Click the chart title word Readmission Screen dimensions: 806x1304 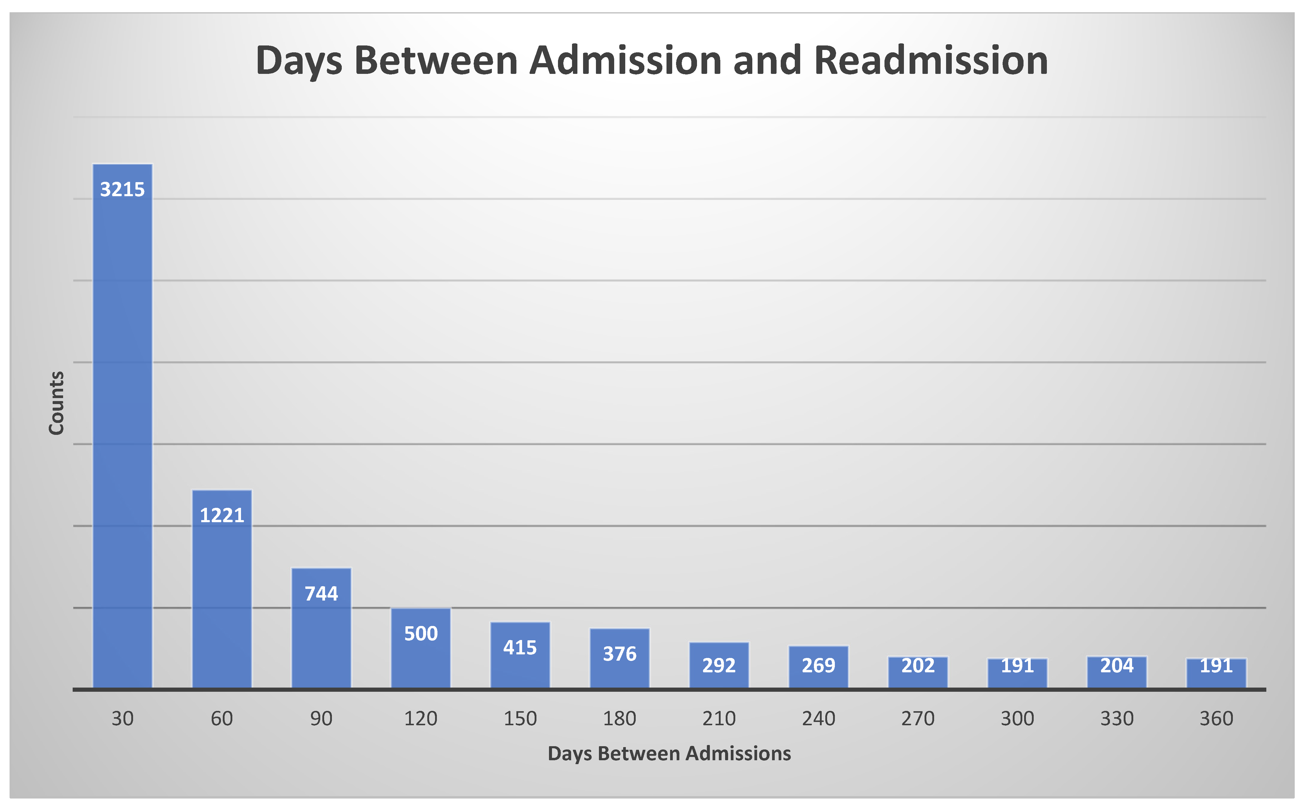[x=931, y=60]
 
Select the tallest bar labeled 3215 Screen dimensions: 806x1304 [x=123, y=426]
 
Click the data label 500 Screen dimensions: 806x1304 [x=421, y=633]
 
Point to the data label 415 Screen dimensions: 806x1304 [x=520, y=647]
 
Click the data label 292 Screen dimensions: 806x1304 [x=719, y=665]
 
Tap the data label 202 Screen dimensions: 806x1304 [x=918, y=665]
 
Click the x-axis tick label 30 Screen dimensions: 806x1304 [x=123, y=719]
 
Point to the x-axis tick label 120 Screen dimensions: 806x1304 [x=421, y=719]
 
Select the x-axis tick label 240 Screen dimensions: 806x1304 [x=818, y=719]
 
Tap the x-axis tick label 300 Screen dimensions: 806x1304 [x=1017, y=719]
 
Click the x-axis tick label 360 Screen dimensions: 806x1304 [x=1217, y=719]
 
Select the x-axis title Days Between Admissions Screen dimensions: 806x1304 [x=669, y=753]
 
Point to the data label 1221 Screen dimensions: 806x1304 [x=222, y=515]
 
